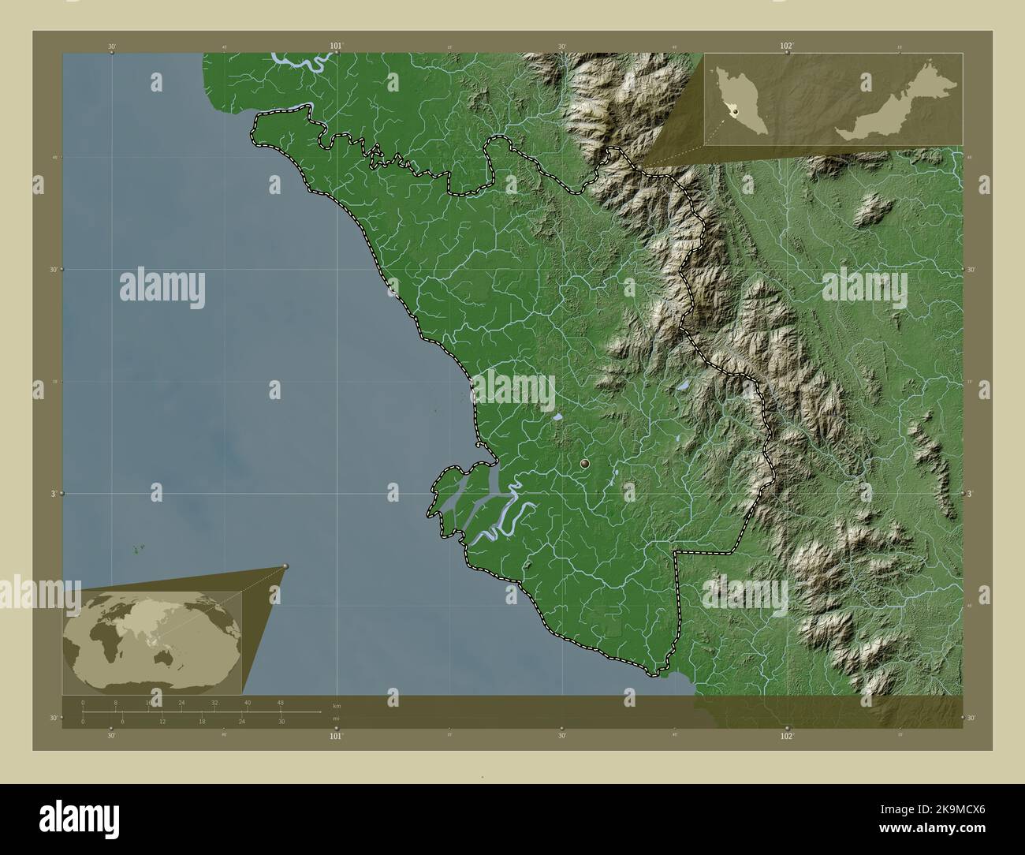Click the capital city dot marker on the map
click(x=584, y=465)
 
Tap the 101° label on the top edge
click(x=337, y=47)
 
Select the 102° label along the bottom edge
click(x=786, y=736)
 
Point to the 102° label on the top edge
click(x=786, y=47)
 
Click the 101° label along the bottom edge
click(x=337, y=736)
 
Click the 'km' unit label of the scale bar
click(x=337, y=705)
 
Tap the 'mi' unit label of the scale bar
click(x=337, y=719)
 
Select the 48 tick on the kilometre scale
click(x=280, y=702)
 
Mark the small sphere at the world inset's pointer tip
click(x=285, y=566)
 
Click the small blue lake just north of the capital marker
click(x=557, y=416)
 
